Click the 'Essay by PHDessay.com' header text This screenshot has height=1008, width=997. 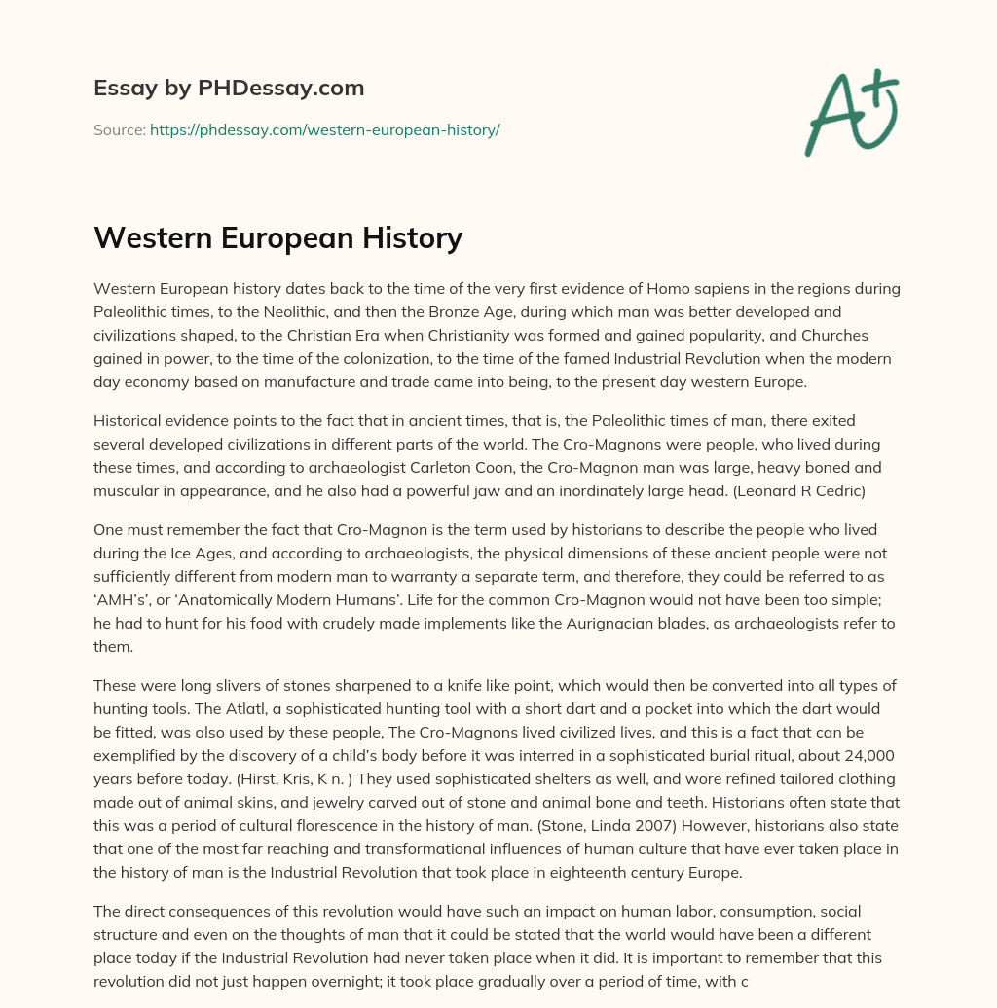coord(229,89)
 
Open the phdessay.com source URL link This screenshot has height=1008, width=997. coord(324,129)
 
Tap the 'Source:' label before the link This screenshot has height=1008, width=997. coord(119,129)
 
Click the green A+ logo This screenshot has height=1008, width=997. coord(850,113)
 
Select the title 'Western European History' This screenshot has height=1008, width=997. coord(277,237)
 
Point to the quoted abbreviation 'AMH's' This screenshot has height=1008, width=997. coord(121,600)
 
